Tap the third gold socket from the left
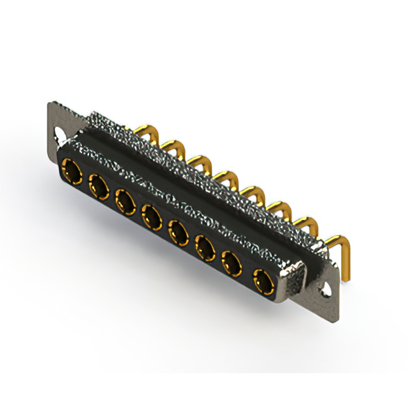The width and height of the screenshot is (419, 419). point(125,199)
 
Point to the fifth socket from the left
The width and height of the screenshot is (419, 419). point(178,230)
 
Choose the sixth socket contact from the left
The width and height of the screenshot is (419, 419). point(205,247)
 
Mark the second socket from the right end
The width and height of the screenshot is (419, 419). point(232,264)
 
